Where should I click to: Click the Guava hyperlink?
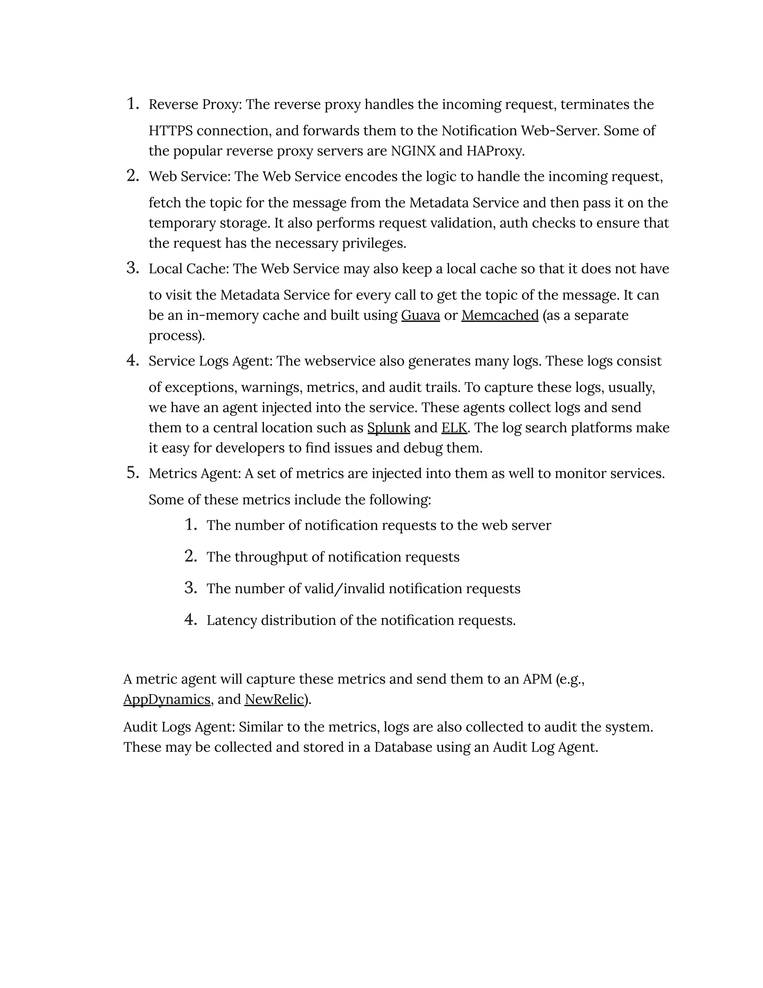tap(420, 315)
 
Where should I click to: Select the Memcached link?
tap(500, 315)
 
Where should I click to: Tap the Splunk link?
tap(389, 428)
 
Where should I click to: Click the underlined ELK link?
tap(454, 428)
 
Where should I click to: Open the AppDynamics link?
tap(167, 699)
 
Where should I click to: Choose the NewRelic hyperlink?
tap(274, 699)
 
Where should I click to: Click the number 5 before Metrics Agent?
tap(132, 473)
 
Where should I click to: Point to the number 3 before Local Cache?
tap(132, 268)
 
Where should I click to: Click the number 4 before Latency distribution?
tap(190, 620)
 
